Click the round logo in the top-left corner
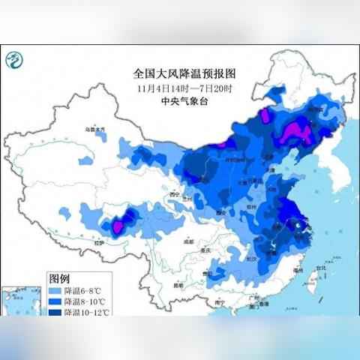coord(16,59)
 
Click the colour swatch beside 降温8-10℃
coord(54,301)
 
